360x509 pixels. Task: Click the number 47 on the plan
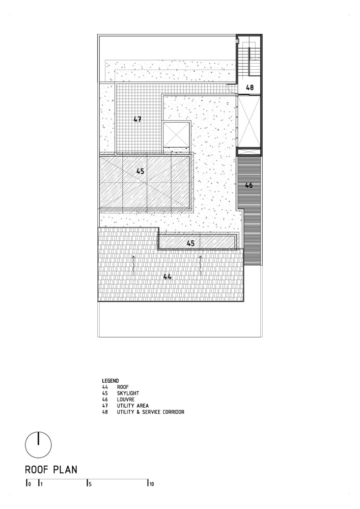coord(137,120)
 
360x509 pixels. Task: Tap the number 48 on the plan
coord(250,88)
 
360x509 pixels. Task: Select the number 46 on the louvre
coord(249,186)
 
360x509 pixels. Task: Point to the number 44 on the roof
coord(167,276)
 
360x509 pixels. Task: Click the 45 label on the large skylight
coord(141,172)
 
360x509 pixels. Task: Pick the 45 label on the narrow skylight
coord(190,244)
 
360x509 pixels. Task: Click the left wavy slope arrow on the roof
coord(134,265)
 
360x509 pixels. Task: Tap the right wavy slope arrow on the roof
coord(201,265)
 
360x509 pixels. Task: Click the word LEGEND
coord(110,380)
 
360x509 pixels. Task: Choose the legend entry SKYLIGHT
coord(128,393)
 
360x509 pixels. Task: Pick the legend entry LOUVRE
coord(126,400)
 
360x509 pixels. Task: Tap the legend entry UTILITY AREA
coord(132,406)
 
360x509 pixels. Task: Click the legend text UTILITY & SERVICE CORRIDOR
coord(150,412)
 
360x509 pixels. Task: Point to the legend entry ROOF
coord(123,387)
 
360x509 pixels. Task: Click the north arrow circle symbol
coord(38,444)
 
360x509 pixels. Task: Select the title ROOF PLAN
coord(51,470)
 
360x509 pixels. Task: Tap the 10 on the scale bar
coord(151,485)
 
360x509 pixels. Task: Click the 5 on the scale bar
coord(90,485)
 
